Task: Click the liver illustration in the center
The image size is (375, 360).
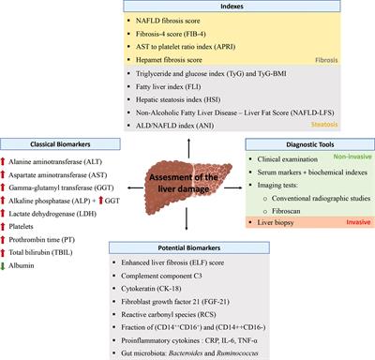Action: point(187,179)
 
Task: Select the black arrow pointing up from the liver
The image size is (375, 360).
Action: point(187,138)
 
